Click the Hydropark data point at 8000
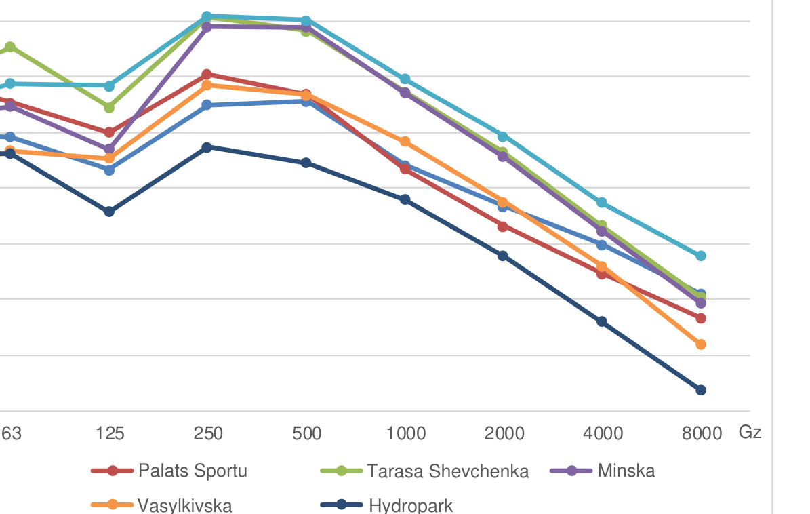point(701,390)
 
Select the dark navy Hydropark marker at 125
point(109,212)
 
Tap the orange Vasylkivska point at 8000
point(701,344)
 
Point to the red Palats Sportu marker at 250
point(207,75)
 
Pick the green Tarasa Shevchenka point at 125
point(109,108)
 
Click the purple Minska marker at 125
point(109,149)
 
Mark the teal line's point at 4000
point(601,203)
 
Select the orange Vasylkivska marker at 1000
point(405,142)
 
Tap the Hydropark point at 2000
point(502,256)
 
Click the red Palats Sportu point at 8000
point(701,318)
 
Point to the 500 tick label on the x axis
point(306,433)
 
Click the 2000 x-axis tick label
point(504,433)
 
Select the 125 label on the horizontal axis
point(110,433)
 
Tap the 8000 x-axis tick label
point(702,433)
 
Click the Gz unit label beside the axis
point(750,432)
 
